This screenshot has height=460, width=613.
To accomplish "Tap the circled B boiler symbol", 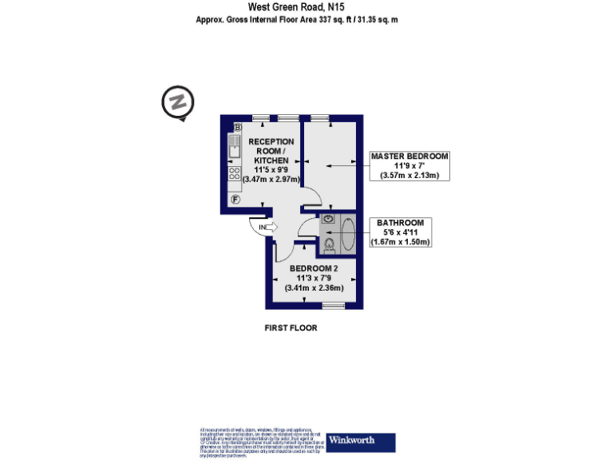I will click(x=238, y=128).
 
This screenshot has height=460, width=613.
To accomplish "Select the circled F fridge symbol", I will click(x=235, y=200).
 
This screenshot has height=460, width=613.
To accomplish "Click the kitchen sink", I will click(x=235, y=148).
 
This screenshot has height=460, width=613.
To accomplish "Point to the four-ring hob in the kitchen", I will click(x=235, y=173).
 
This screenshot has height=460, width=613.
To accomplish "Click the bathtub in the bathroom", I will click(x=349, y=234).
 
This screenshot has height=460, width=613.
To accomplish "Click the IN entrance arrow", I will click(x=266, y=227).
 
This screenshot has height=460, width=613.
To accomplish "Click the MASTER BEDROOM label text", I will click(x=409, y=156).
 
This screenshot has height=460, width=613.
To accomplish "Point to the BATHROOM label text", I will click(x=401, y=222).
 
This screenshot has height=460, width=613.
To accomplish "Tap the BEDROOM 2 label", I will click(x=314, y=268).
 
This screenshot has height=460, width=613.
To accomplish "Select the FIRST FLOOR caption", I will click(x=291, y=327).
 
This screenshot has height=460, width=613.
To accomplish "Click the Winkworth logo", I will click(x=361, y=442).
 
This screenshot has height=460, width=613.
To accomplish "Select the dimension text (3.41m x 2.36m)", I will click(x=314, y=288).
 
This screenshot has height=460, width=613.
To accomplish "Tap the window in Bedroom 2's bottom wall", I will click(x=333, y=306).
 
